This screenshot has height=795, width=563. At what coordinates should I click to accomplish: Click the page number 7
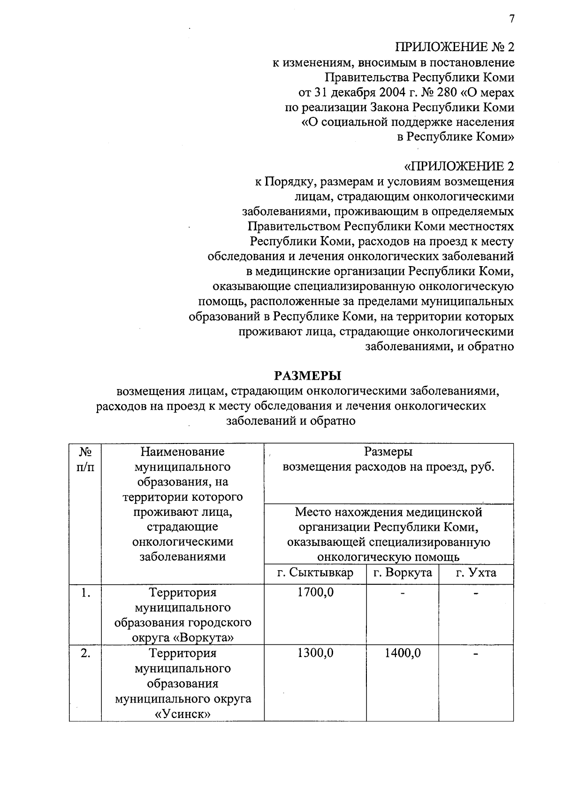tap(511, 19)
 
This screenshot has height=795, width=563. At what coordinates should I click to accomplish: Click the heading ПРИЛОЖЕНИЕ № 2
tap(455, 47)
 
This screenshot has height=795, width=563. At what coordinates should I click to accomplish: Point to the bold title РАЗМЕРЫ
tap(307, 376)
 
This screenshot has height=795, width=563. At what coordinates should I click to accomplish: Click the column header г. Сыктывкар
tap(315, 573)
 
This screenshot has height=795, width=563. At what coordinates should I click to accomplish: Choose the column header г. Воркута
tap(403, 573)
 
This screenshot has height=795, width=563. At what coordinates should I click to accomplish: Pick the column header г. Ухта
tap(476, 573)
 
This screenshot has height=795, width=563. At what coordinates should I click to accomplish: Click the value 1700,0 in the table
tap(315, 593)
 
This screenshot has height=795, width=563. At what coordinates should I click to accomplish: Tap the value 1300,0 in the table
tap(315, 653)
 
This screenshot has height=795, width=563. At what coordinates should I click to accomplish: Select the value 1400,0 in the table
tap(403, 653)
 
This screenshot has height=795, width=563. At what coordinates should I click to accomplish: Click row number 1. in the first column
tap(85, 593)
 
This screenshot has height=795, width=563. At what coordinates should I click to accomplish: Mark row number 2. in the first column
tap(85, 653)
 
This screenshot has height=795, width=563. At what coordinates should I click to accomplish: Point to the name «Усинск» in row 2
tap(183, 714)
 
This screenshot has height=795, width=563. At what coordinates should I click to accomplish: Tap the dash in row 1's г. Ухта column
tap(476, 594)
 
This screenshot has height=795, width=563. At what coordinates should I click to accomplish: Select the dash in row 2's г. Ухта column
tap(476, 654)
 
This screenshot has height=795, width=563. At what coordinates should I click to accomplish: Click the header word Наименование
tap(183, 452)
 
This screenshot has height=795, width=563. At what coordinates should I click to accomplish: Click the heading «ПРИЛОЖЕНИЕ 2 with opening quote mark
tap(459, 167)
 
